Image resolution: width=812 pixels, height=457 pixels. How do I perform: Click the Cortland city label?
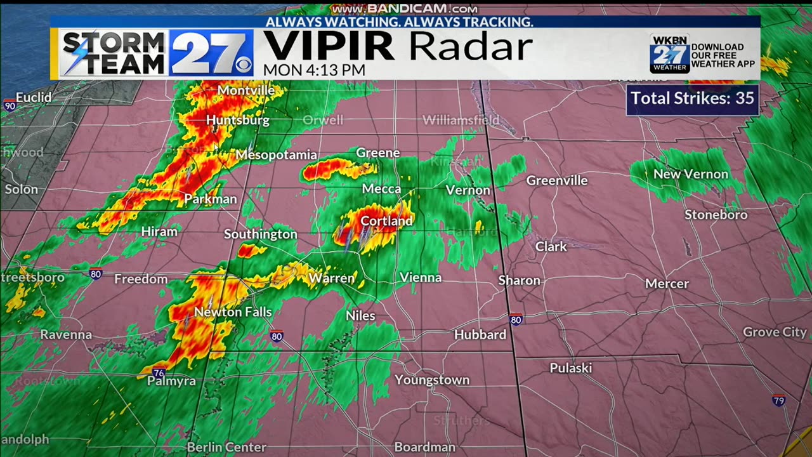click(386, 221)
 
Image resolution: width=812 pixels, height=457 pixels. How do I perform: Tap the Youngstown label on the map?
click(432, 380)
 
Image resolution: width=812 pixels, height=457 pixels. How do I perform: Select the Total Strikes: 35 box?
click(692, 99)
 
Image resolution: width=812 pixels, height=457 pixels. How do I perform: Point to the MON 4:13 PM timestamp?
click(314, 70)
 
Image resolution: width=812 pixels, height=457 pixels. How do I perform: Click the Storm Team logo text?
click(113, 53)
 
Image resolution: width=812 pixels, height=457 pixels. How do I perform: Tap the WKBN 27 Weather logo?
click(669, 53)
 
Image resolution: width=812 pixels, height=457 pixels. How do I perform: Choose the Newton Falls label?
click(233, 312)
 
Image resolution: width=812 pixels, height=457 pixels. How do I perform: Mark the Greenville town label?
click(557, 181)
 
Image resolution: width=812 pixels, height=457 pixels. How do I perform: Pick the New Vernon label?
click(691, 174)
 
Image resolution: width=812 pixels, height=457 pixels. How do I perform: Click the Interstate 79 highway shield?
click(779, 401)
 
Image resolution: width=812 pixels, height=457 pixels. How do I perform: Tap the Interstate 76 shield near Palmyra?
click(158, 373)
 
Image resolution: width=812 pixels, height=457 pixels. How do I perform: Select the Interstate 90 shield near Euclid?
click(9, 105)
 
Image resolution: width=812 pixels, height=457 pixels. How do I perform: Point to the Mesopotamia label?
click(276, 155)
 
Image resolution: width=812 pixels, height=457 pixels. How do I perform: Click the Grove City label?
click(775, 332)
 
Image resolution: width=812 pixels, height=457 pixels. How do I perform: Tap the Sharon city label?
click(519, 281)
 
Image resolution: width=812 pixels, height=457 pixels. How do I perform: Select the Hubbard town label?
click(480, 334)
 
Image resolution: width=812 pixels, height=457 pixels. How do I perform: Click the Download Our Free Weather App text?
click(723, 56)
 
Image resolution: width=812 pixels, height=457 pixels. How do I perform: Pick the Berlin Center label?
click(226, 447)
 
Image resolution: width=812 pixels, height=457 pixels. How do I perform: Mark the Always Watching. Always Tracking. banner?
click(399, 22)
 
